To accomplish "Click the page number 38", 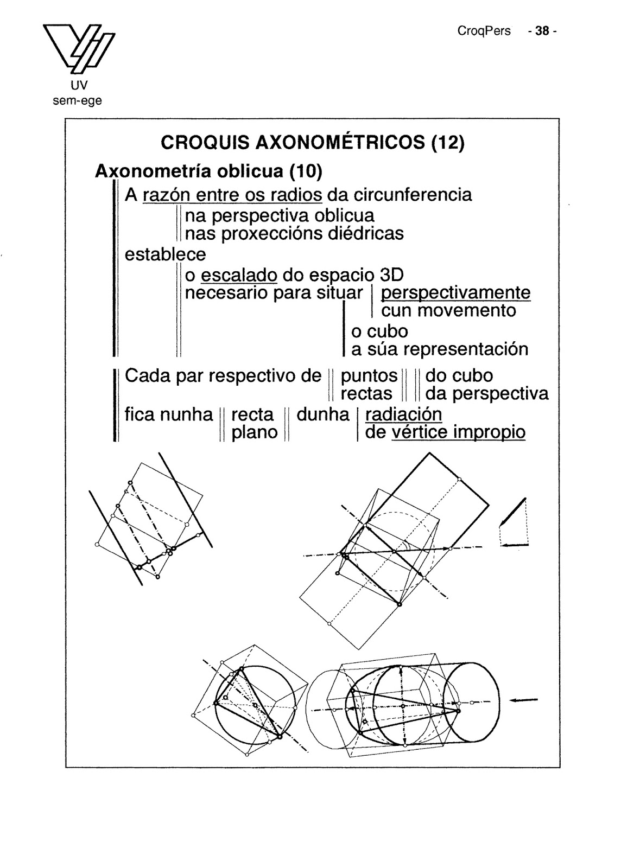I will coord(541,31).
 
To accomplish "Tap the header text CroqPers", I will coord(484,31).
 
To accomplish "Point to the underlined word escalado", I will coord(239,275).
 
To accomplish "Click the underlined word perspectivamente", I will coord(455,293).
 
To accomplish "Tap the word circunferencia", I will coord(413,194).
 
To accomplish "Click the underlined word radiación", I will coord(403,414).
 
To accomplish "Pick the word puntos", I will coord(369,375).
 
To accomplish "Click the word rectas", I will coord(366,393).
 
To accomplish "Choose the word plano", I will coord(255,432).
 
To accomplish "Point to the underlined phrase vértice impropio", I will coord(458,432).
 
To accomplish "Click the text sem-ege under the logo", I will coord(77,100).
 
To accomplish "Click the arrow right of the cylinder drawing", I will coord(524,700).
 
